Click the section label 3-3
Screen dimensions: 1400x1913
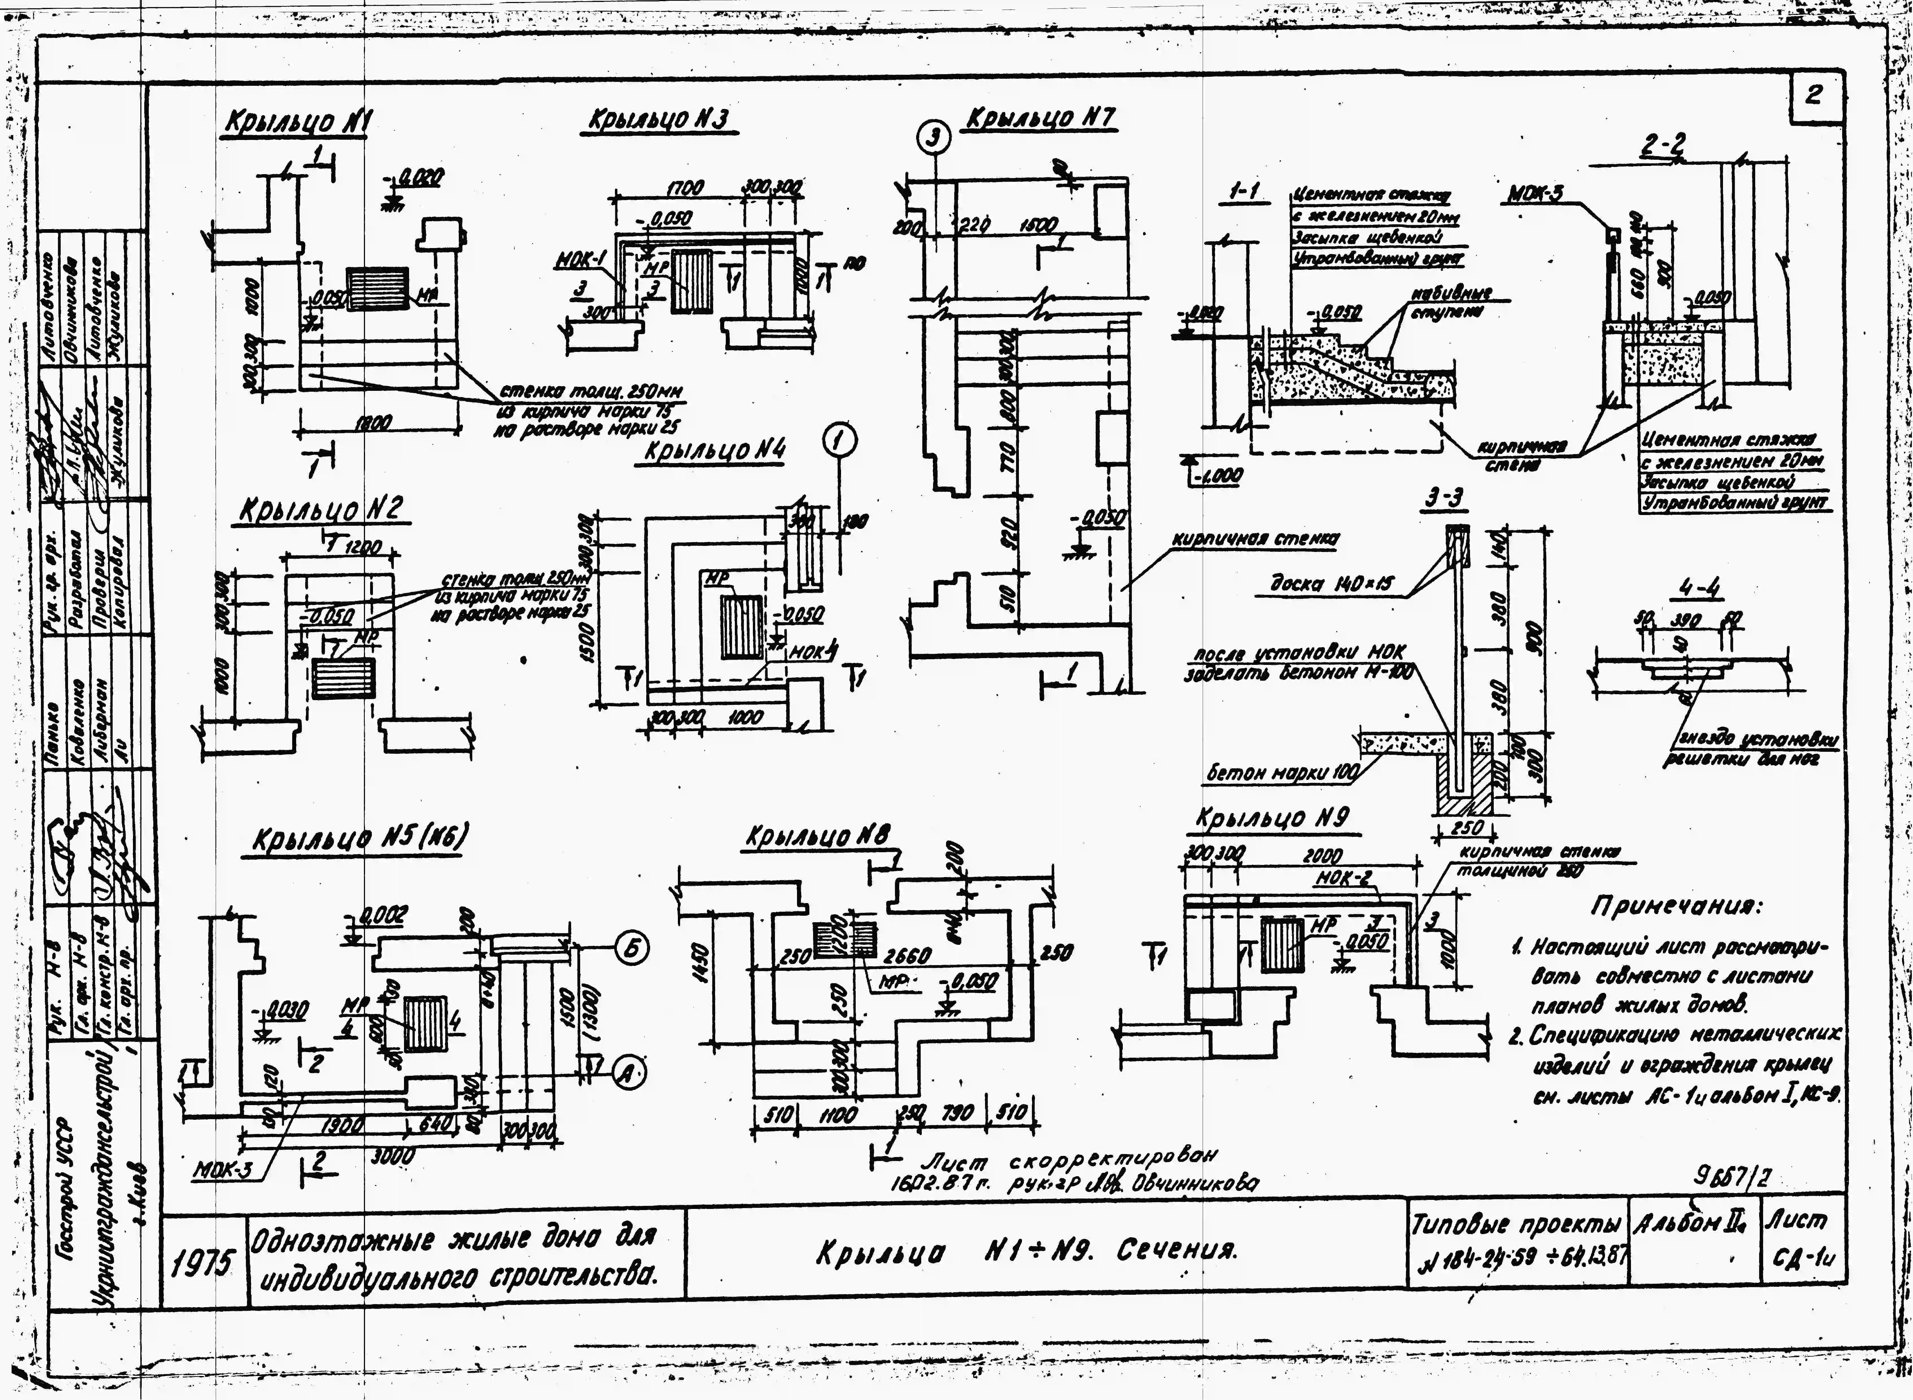click(1444, 499)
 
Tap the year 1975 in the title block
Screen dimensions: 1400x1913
click(200, 1265)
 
